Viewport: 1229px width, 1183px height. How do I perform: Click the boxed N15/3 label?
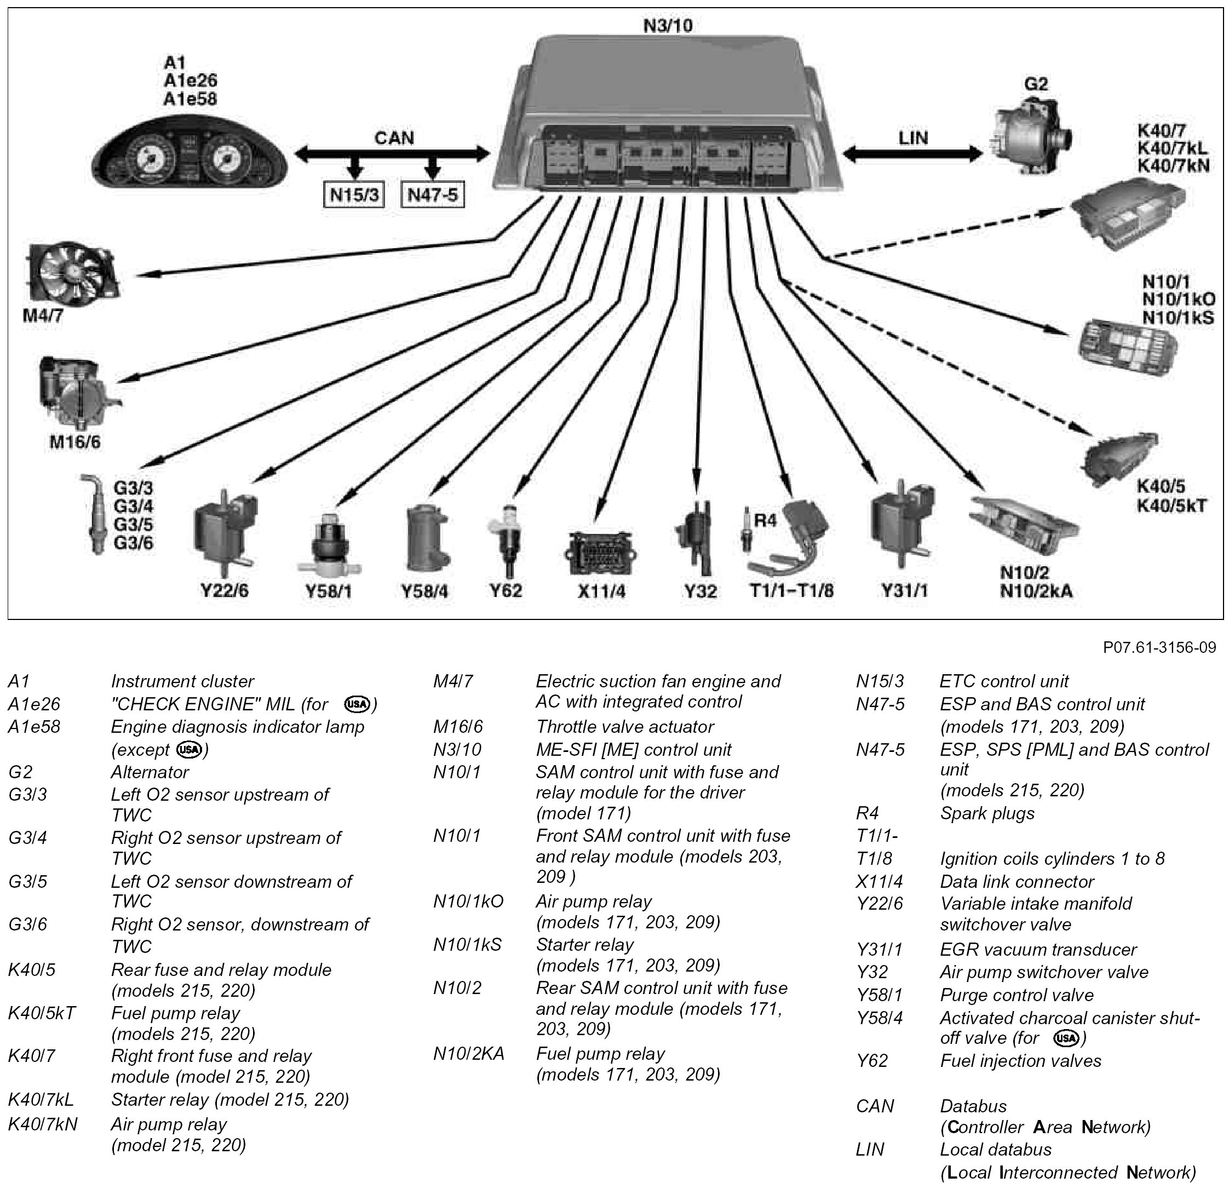355,195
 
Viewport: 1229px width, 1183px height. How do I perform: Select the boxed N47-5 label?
433,195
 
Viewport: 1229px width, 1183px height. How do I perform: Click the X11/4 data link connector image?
600,552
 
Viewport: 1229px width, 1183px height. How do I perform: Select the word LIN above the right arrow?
913,138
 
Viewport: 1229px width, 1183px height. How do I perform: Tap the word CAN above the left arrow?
394,138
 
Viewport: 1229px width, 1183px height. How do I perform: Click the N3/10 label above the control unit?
668,26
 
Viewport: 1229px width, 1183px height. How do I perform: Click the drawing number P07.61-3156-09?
1159,647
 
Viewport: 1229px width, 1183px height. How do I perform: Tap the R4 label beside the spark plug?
765,520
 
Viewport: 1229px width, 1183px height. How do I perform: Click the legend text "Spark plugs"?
987,814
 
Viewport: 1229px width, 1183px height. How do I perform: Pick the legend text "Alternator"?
150,772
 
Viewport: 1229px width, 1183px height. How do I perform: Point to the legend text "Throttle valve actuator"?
624,727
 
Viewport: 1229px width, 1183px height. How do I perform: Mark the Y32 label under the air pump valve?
700,590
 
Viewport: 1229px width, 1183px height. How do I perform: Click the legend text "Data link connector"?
1016,881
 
